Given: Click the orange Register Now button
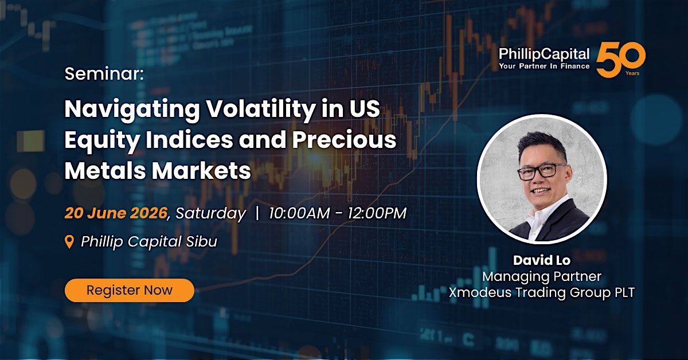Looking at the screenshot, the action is pyautogui.click(x=130, y=290).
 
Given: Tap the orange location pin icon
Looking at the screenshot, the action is pyautogui.click(x=70, y=242).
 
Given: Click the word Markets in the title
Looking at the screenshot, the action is pyautogui.click(x=201, y=171).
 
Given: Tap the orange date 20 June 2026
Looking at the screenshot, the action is pyautogui.click(x=116, y=213).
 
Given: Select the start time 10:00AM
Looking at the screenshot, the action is pyautogui.click(x=299, y=213).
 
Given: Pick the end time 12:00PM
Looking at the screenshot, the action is pyautogui.click(x=377, y=213).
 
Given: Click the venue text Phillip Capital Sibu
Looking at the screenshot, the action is pyautogui.click(x=149, y=242).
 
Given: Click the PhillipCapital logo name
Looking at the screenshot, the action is pyautogui.click(x=544, y=54).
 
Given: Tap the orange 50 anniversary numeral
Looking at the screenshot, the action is pyautogui.click(x=621, y=60).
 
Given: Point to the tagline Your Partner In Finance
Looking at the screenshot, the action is pyautogui.click(x=544, y=66).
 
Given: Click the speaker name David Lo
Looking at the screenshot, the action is pyautogui.click(x=542, y=260).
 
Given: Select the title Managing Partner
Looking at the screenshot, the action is pyautogui.click(x=542, y=276).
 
